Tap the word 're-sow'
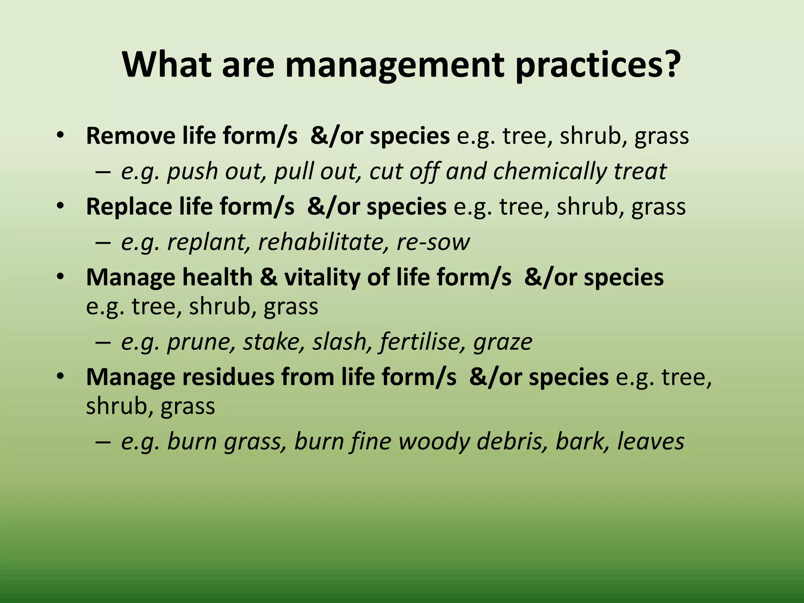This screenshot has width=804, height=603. coord(433,242)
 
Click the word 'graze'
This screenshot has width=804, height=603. coord(503,342)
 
